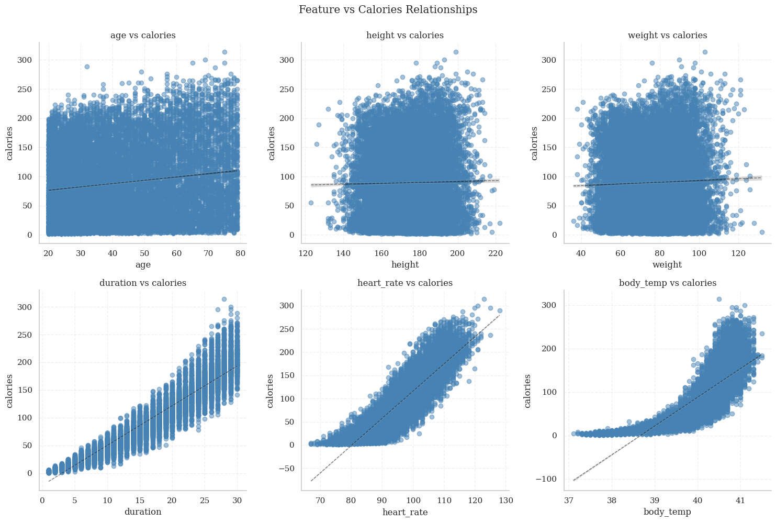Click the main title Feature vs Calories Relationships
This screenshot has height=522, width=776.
tap(388, 9)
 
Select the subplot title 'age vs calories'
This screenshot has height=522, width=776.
tap(143, 35)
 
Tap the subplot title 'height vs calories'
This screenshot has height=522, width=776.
tap(405, 35)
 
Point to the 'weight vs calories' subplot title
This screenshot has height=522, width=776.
tap(667, 35)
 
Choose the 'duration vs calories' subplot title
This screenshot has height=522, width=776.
tap(143, 283)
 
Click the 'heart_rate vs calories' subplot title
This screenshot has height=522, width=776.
tap(405, 283)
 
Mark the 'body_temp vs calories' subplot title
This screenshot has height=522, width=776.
tap(667, 283)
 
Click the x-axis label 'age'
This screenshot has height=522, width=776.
tap(143, 264)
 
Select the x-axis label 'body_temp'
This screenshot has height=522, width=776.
tap(667, 512)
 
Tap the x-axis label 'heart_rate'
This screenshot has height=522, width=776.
tap(405, 512)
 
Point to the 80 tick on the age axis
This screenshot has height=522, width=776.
tap(240, 253)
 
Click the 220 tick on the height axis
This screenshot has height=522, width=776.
tap(496, 253)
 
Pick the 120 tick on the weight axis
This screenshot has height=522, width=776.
tap(738, 253)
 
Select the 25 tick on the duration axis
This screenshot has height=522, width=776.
tap(205, 501)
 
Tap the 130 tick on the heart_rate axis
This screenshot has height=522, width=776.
tap(505, 501)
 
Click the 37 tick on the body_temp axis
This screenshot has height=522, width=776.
tap(568, 501)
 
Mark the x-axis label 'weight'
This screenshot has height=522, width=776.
tap(667, 264)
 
